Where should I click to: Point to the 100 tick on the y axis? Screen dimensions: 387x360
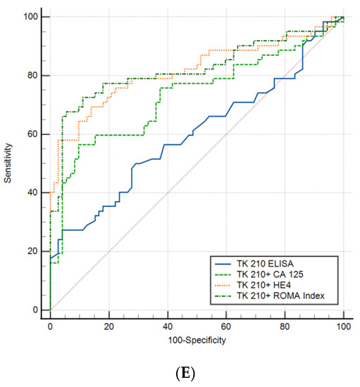33,17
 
